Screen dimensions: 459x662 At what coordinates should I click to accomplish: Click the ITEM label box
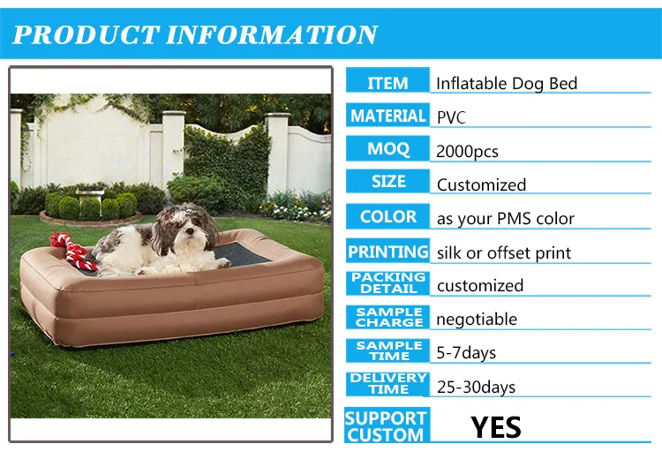point(387,82)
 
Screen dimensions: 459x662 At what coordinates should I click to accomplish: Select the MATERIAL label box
point(387,116)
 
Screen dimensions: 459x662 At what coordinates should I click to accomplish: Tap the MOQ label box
point(387,148)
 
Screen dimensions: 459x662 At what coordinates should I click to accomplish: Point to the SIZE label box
point(387,182)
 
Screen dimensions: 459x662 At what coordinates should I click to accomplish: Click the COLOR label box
point(387,215)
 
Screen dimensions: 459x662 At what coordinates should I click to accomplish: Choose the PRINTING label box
point(387,251)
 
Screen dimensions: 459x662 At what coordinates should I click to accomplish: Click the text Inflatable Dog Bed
point(507,84)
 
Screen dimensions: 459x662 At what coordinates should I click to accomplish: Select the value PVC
point(451,117)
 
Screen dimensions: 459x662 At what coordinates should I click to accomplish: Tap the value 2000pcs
point(467,151)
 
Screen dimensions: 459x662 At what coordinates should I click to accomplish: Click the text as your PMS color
point(505,218)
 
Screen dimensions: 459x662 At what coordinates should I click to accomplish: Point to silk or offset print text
point(503,252)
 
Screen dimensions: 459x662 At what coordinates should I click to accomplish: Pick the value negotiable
point(477,319)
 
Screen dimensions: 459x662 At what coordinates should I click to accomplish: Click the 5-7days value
point(466,352)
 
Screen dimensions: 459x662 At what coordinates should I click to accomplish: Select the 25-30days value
point(476,387)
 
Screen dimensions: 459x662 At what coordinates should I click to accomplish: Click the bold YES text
point(495,427)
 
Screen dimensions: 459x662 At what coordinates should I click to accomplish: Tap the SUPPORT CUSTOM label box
point(385,425)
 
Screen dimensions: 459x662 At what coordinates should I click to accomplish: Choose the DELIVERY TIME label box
point(387,383)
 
